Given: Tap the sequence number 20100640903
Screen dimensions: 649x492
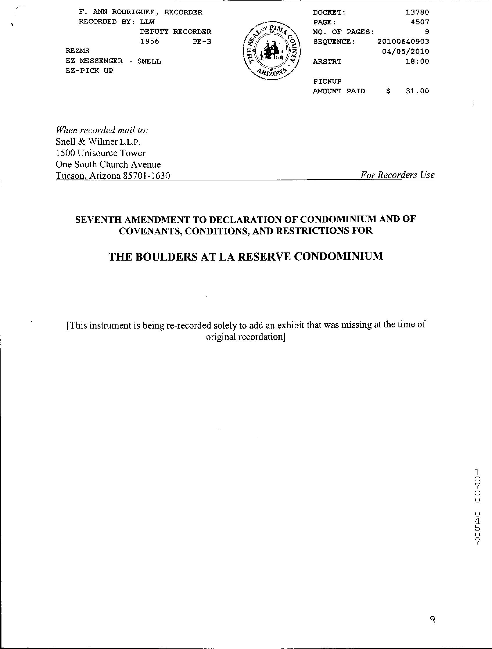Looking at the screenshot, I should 403,42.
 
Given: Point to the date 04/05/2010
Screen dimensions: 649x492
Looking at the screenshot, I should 405,52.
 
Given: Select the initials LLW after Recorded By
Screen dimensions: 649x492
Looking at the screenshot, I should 147,22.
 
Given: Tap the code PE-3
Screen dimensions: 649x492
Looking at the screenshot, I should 202,42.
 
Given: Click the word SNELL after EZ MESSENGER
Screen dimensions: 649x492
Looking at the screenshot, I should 149,61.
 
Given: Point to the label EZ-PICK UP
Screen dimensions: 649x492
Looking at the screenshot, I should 89,71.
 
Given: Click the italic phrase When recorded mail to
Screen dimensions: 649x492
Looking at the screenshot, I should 102,130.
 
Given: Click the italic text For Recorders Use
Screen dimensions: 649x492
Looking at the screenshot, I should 397,175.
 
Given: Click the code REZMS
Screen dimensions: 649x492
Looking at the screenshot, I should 78,51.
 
